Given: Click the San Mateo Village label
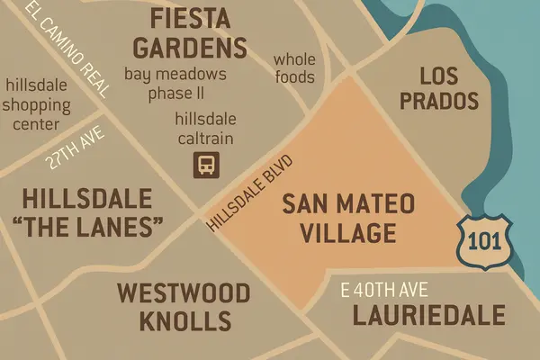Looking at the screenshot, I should coord(348,219).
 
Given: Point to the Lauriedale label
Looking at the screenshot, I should coord(417,316).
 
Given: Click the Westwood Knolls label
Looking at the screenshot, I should coord(183,307).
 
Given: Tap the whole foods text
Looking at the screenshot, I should coord(294,68).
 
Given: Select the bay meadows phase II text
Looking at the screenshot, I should coord(175,82).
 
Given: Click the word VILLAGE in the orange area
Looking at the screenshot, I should coord(349,234).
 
